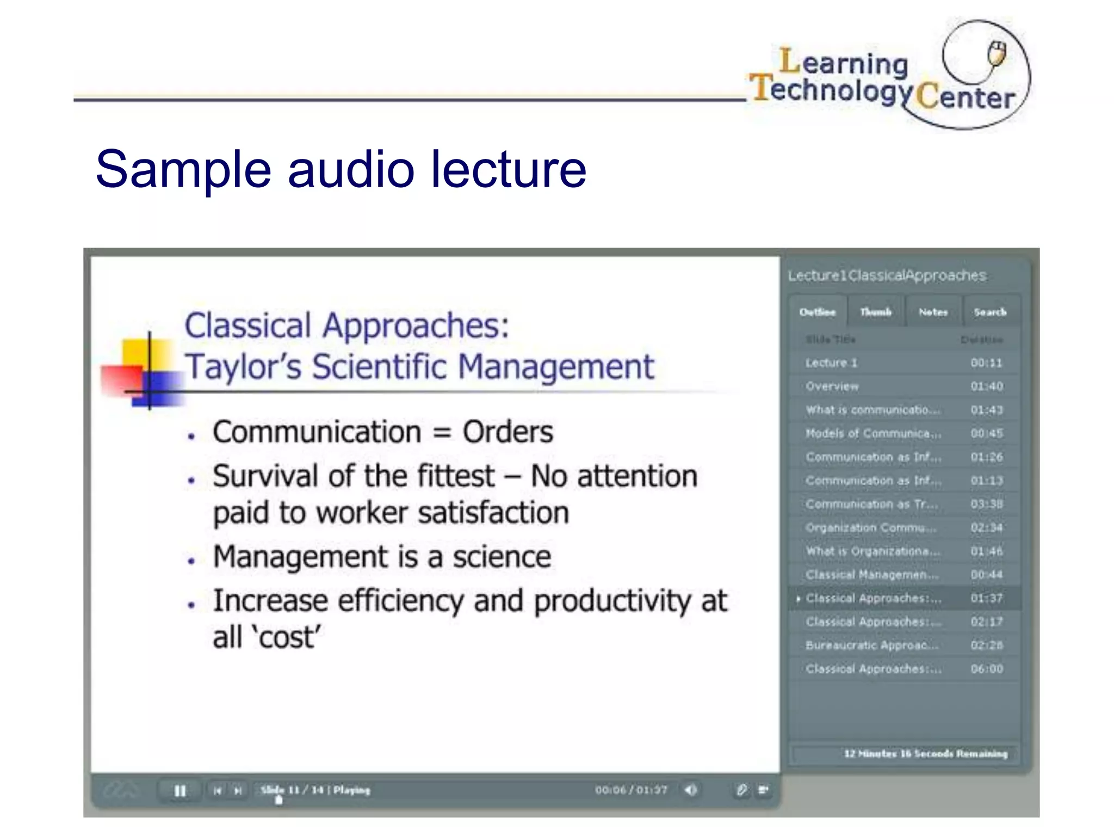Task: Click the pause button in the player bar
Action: click(x=180, y=790)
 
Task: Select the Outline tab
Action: click(x=818, y=312)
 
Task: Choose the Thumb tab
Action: click(x=876, y=312)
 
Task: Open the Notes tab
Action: click(x=933, y=312)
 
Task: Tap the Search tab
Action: click(x=991, y=312)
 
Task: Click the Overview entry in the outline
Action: click(x=832, y=386)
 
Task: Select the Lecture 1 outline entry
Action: click(x=831, y=363)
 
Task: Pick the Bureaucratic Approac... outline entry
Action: click(x=872, y=646)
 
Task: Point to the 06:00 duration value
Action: click(x=987, y=669)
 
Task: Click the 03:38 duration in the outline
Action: click(x=987, y=504)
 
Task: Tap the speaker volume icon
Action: click(x=691, y=790)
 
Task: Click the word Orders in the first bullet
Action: click(x=508, y=433)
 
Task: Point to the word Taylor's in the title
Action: click(x=243, y=366)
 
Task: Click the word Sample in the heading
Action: click(x=183, y=169)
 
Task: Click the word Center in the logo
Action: click(x=966, y=97)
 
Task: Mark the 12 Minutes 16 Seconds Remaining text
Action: click(x=925, y=754)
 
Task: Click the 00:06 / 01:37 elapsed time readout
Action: click(x=631, y=790)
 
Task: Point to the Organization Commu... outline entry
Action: click(x=871, y=528)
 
